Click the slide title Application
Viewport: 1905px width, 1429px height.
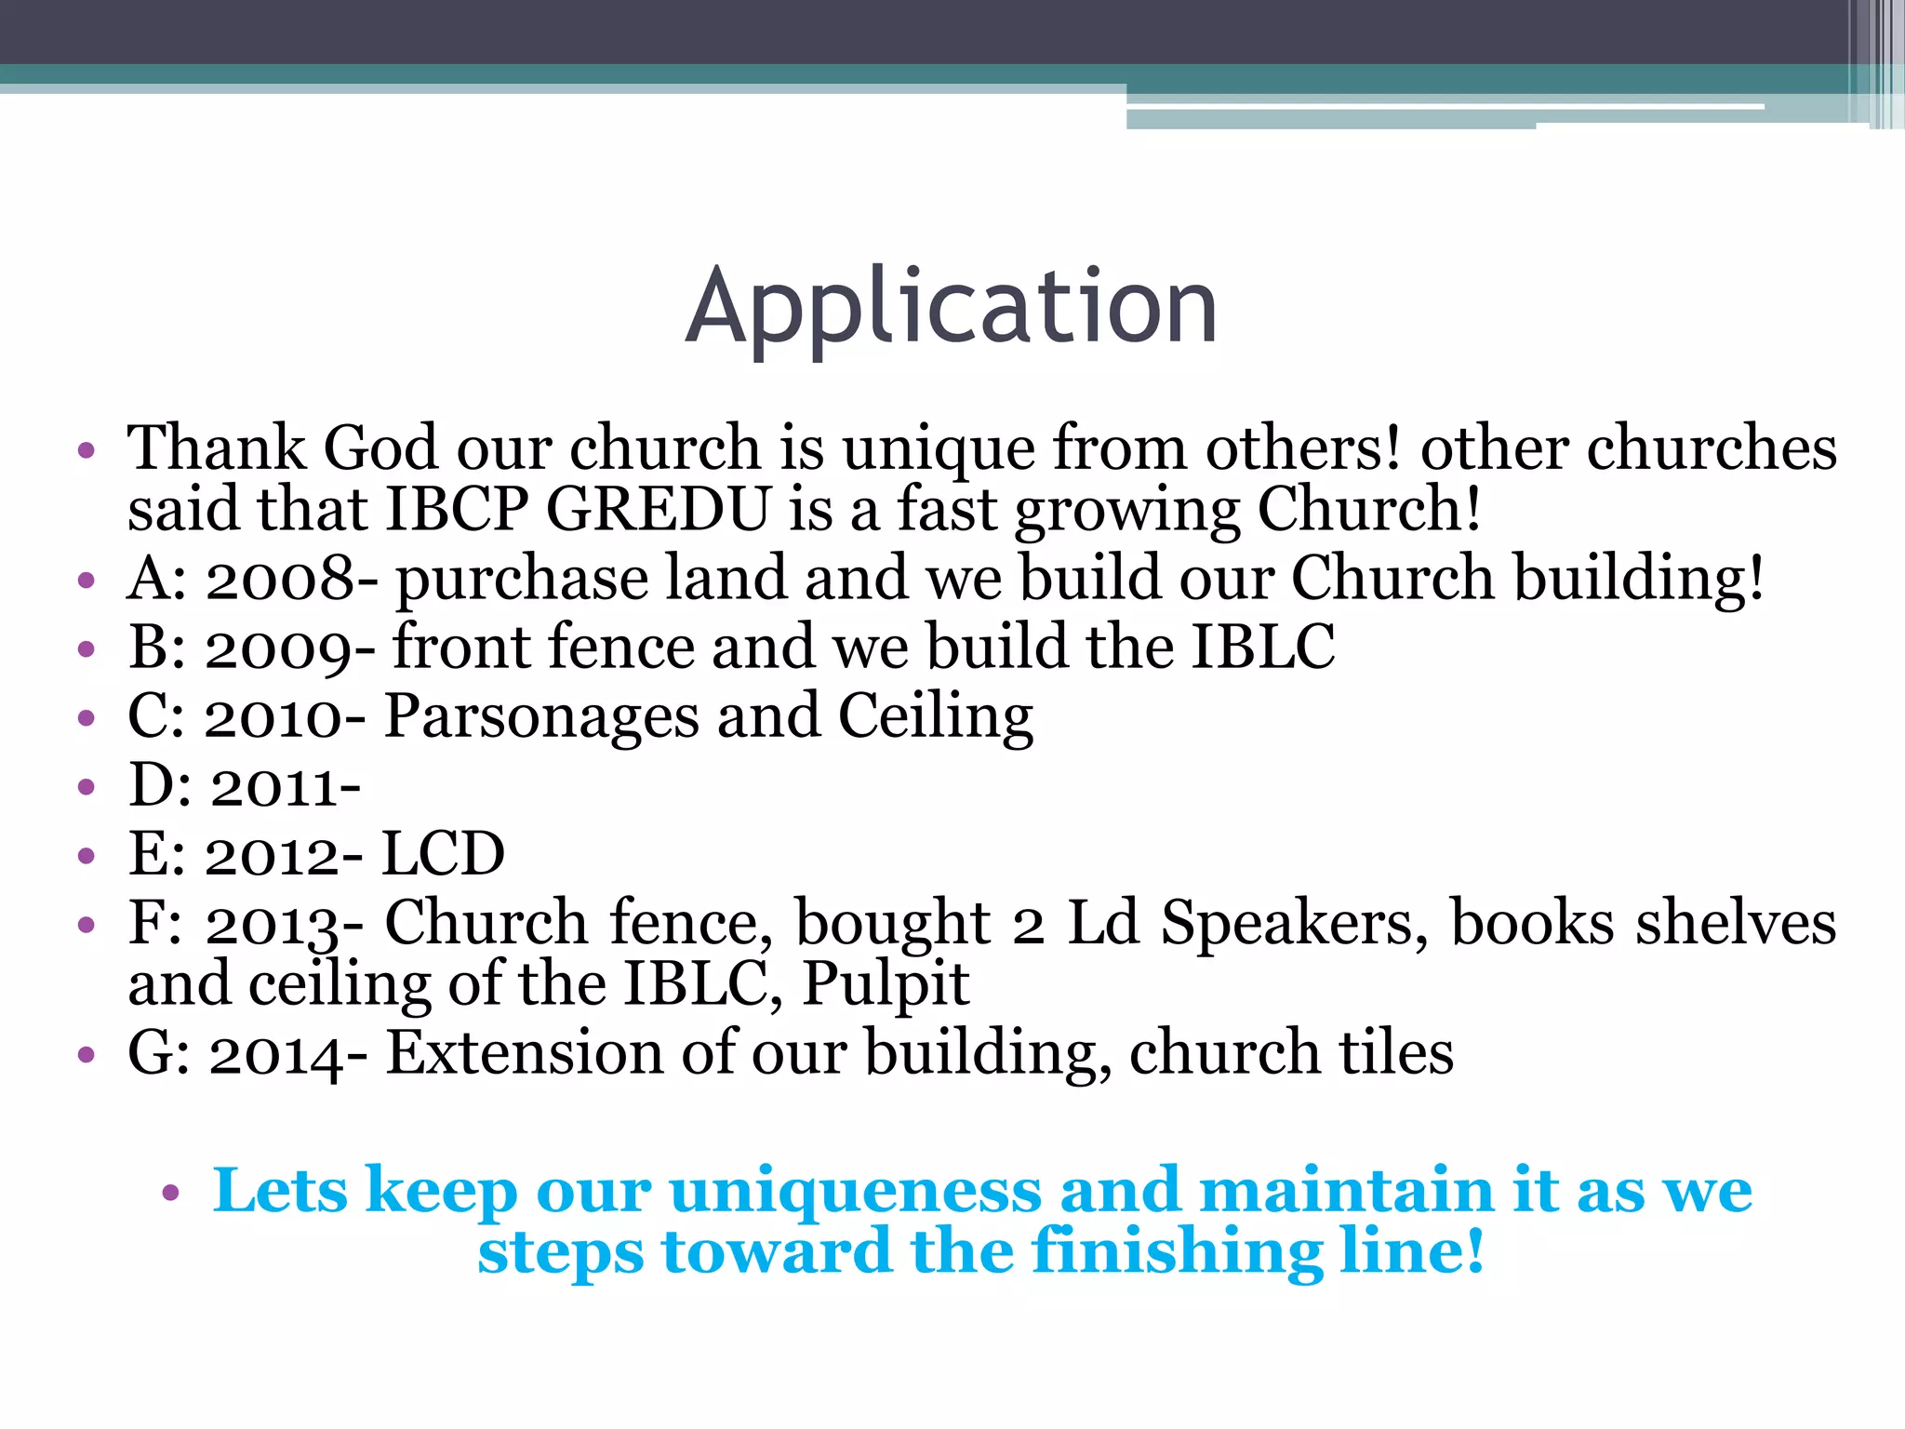point(951,307)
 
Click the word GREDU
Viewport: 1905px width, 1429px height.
point(659,510)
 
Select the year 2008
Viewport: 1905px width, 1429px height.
point(280,579)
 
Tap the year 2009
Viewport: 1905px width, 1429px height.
point(280,648)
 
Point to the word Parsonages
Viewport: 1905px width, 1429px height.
point(542,717)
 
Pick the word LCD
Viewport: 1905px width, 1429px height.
point(444,854)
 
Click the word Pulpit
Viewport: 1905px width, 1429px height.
point(886,984)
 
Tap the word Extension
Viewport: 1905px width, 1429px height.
point(525,1053)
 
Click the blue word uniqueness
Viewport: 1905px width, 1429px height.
point(855,1191)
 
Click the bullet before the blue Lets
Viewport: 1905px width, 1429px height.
point(169,1193)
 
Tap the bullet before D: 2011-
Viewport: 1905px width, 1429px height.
point(87,788)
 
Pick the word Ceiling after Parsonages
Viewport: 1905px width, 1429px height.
point(935,717)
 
